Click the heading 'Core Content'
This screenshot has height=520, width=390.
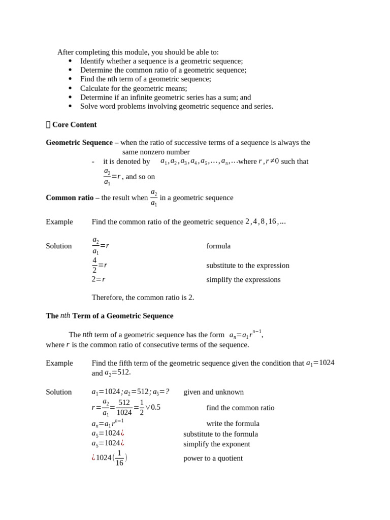[74, 124]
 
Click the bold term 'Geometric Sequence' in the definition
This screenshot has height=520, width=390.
[79, 143]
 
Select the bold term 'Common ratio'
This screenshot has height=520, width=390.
[70, 198]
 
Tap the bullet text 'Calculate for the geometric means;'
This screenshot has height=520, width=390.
[134, 88]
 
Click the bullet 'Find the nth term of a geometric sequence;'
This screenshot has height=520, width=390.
[145, 79]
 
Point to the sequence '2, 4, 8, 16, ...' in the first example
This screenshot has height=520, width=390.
[265, 221]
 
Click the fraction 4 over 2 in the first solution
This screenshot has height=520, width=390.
[94, 265]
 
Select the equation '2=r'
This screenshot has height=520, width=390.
[99, 279]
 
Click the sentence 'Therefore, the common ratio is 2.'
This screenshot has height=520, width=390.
[143, 297]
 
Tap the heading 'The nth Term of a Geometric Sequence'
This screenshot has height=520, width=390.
[110, 316]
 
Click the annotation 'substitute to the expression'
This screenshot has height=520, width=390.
[248, 265]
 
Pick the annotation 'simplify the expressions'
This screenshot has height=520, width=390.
[243, 279]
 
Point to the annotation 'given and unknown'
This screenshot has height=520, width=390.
[213, 392]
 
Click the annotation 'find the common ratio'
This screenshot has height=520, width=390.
[240, 407]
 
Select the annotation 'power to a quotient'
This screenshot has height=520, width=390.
[213, 458]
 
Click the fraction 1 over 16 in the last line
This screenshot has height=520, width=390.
[119, 458]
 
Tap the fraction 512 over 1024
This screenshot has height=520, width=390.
[124, 407]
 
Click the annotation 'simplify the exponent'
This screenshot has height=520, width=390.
[216, 444]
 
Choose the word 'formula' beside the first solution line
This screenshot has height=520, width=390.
[218, 246]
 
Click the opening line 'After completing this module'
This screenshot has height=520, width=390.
[138, 52]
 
